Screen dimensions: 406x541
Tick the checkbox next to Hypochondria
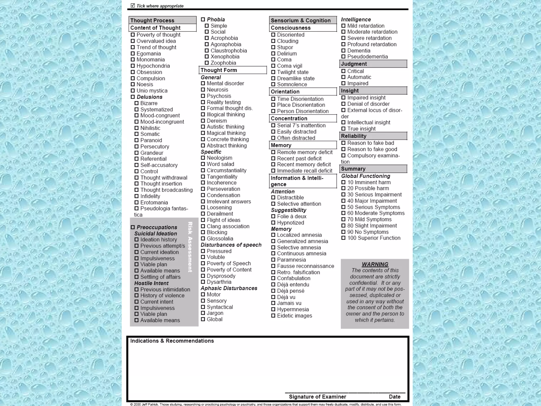click(x=133, y=66)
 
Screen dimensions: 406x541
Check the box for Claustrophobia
click(x=207, y=51)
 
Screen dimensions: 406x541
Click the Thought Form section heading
click(x=219, y=70)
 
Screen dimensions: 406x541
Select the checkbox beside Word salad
click(x=203, y=164)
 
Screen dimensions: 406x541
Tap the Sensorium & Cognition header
click(x=301, y=21)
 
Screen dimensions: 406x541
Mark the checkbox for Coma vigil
click(x=273, y=66)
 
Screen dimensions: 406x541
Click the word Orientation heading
click(x=285, y=92)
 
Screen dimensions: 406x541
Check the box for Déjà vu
click(x=273, y=297)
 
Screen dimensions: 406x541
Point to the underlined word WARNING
click(x=375, y=264)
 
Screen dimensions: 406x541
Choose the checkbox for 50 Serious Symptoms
click(x=343, y=207)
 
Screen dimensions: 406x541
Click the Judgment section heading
click(x=354, y=64)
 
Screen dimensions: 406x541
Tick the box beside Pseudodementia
click(x=343, y=57)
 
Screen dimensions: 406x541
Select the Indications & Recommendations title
click(x=172, y=341)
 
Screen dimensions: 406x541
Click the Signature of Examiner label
click(x=317, y=397)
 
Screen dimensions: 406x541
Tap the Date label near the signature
click(x=394, y=397)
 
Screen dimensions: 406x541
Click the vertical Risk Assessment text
click(x=190, y=247)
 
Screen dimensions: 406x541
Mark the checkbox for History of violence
click(x=137, y=296)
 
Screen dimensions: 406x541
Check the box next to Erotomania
click(x=137, y=202)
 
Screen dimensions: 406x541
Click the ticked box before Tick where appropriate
click(x=133, y=6)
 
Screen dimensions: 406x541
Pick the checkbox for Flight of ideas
click(x=203, y=220)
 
